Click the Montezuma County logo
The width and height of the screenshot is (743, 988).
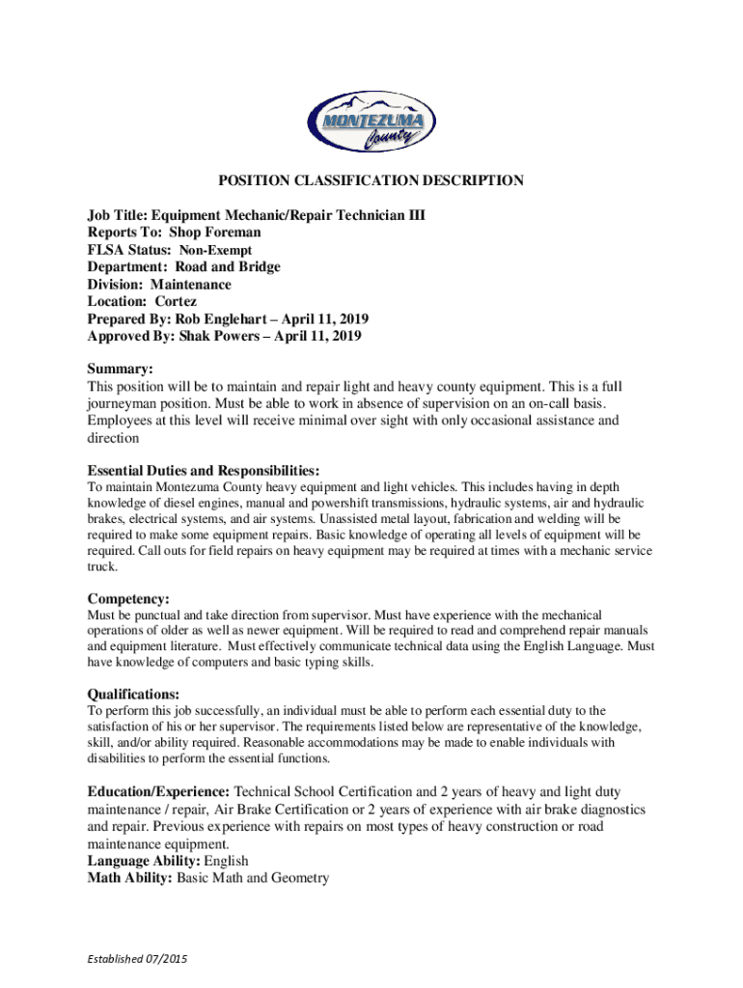[371, 123]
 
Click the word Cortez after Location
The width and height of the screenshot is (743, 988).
[176, 302]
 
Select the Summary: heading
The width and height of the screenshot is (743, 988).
[121, 370]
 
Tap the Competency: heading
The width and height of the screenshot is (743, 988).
[128, 599]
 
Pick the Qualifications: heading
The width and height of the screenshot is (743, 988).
[133, 695]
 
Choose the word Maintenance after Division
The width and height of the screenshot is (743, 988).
[191, 285]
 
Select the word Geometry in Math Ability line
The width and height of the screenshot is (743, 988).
[298, 878]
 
